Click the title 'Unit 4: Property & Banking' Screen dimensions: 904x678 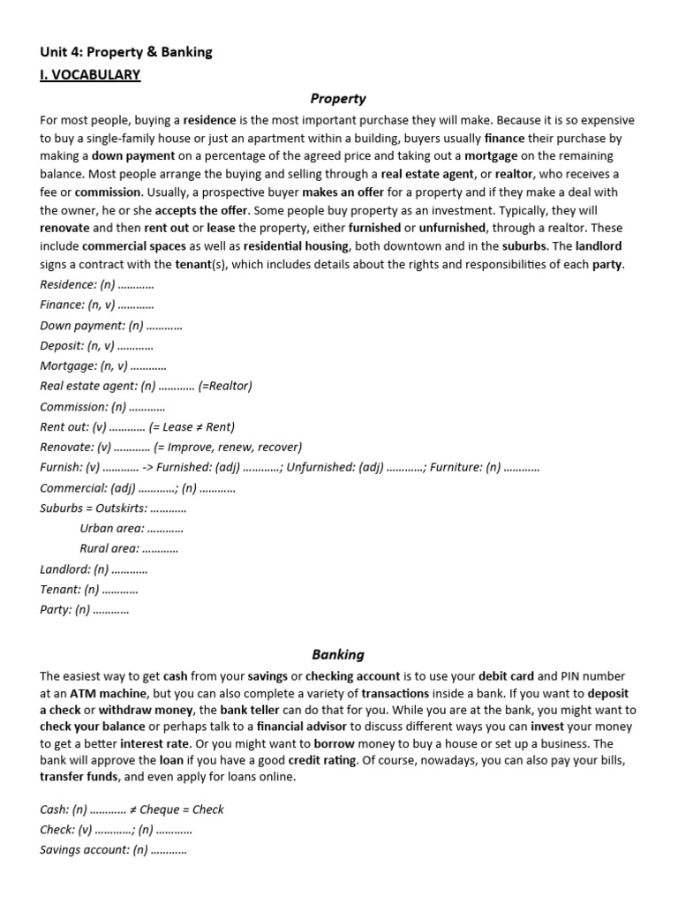[126, 52]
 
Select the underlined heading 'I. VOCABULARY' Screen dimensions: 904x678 [90, 75]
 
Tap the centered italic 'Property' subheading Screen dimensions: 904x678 [338, 99]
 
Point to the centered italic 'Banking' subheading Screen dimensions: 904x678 [338, 654]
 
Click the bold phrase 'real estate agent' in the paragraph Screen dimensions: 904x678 [427, 175]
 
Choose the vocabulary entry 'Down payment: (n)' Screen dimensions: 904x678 [85, 326]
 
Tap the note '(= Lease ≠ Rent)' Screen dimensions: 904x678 [192, 426]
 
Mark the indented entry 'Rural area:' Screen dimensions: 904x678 [110, 548]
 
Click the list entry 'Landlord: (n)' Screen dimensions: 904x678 [75, 569]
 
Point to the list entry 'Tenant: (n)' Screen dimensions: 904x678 [70, 590]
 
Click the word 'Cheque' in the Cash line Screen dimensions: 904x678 [166, 810]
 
